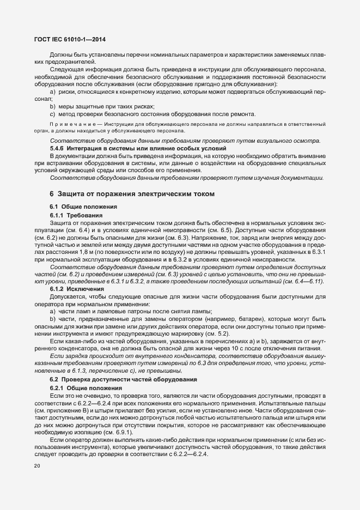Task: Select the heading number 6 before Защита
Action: coord(52,193)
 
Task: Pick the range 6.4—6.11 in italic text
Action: coord(309,281)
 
